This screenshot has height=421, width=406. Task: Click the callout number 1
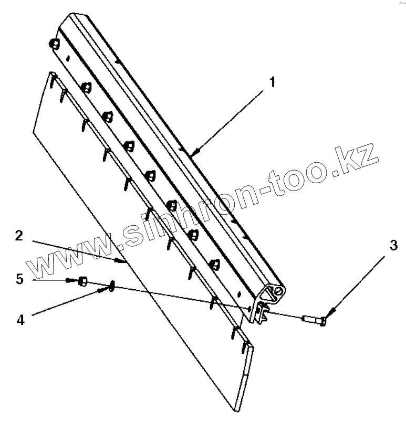[x=272, y=82]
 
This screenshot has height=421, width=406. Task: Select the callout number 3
[x=392, y=246]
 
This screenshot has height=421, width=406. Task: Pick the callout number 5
[x=20, y=279]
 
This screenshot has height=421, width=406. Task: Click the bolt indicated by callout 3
[x=314, y=319]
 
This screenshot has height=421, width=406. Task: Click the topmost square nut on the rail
[x=53, y=44]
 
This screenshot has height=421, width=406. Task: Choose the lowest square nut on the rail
[x=214, y=264]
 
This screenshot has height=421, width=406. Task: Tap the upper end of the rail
[x=71, y=20]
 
